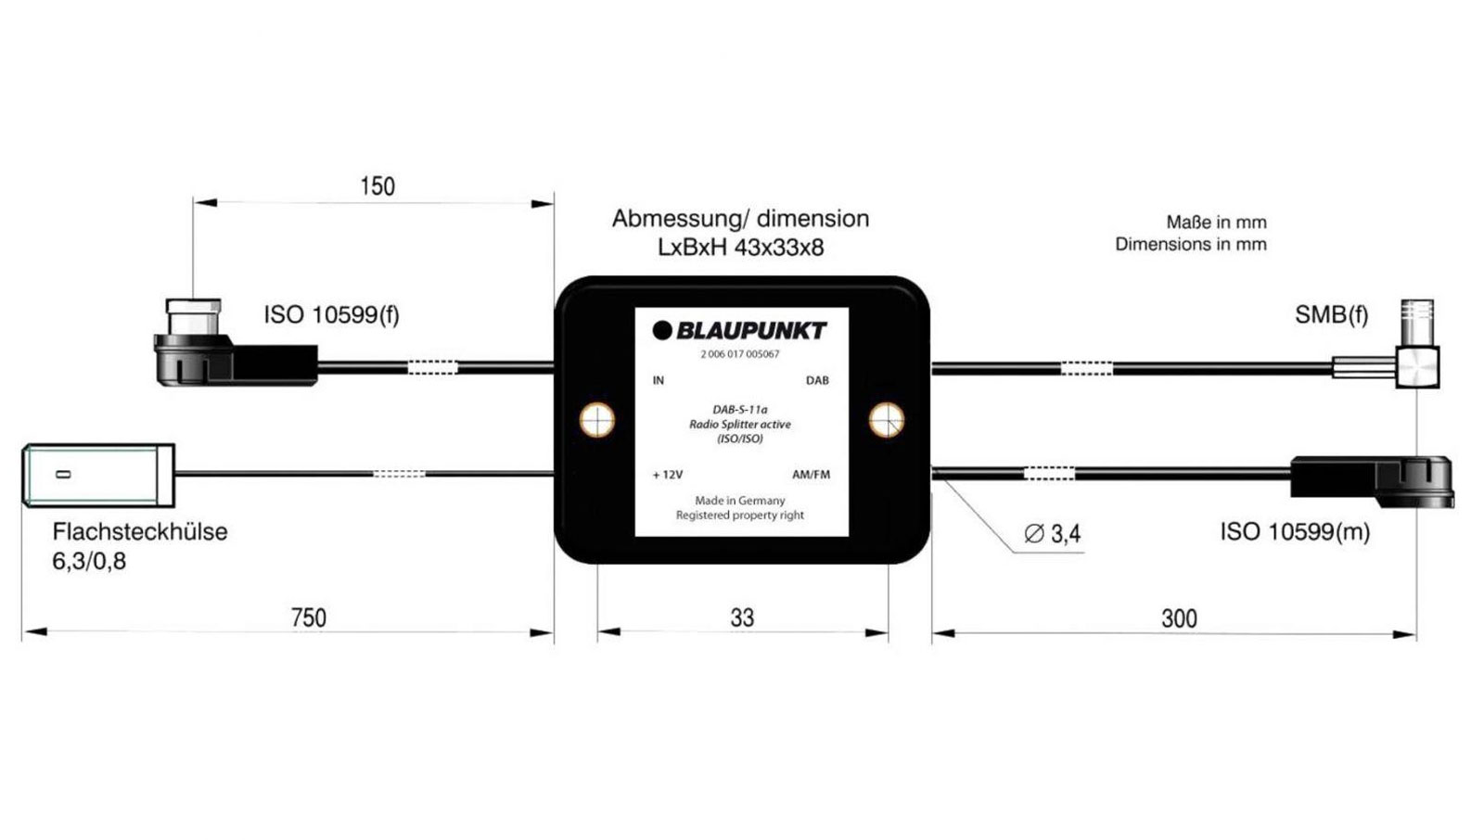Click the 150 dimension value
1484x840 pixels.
(x=377, y=186)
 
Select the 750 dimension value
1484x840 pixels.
(x=308, y=617)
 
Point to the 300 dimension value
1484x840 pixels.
(x=1179, y=618)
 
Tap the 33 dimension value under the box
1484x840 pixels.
(x=742, y=617)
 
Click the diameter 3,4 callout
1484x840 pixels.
(x=1053, y=534)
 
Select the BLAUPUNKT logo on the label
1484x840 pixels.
(x=740, y=331)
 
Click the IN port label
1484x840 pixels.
(x=659, y=380)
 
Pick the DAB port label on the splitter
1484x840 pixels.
(x=817, y=380)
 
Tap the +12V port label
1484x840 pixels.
(x=668, y=475)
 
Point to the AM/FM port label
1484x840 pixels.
(x=812, y=475)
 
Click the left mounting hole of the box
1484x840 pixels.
(x=597, y=420)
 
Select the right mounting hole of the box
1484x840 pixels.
(x=887, y=420)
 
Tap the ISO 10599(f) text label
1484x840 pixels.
(x=331, y=314)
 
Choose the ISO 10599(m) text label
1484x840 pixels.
(x=1295, y=531)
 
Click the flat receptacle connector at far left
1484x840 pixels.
(x=98, y=475)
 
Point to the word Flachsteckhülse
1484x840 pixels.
(x=139, y=532)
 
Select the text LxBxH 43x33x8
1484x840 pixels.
(x=740, y=248)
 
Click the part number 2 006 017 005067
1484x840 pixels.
(x=740, y=354)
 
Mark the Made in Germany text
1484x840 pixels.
(x=740, y=501)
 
